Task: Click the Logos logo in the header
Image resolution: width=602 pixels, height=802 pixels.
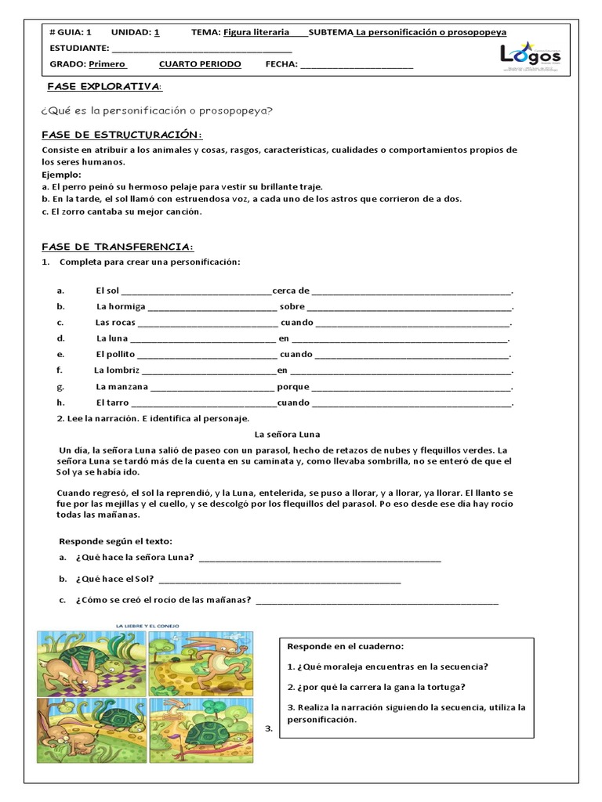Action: (x=531, y=56)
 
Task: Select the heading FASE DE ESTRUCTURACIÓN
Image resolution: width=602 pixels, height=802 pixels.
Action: (x=121, y=135)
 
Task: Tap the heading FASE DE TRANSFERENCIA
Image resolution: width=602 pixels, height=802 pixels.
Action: (x=117, y=247)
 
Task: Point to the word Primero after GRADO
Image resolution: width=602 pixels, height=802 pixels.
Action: (x=107, y=64)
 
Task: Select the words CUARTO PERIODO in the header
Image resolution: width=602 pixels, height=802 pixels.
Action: (x=200, y=64)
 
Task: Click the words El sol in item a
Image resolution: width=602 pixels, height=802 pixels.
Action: (x=109, y=291)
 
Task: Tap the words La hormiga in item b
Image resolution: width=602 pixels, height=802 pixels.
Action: (x=120, y=307)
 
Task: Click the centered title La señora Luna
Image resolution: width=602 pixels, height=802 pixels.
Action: (x=288, y=434)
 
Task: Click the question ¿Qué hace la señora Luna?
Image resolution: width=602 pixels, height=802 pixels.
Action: (x=135, y=558)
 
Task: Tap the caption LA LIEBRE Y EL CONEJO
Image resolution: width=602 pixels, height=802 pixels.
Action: (x=149, y=625)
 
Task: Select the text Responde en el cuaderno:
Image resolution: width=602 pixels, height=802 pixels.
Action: (x=345, y=647)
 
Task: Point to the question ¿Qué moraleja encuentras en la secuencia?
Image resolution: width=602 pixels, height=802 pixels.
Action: (x=388, y=667)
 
